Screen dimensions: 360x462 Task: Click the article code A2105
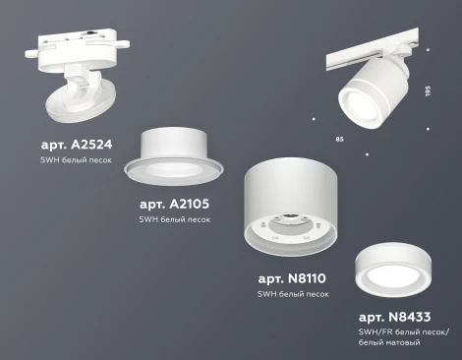174,204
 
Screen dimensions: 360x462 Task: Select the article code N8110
292,278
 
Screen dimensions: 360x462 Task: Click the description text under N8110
292,295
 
